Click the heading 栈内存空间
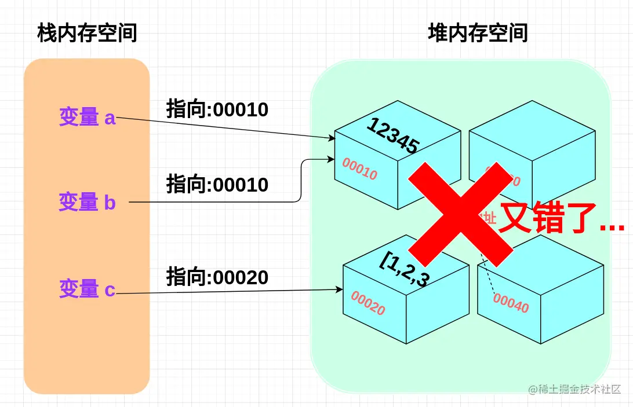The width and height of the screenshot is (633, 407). point(87,34)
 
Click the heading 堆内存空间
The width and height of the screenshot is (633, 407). point(478,34)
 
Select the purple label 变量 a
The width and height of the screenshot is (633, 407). point(88,118)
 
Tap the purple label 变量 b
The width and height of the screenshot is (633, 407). point(88,202)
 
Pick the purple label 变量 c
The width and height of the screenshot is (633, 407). point(88,288)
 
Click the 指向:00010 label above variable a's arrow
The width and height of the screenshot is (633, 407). point(217,109)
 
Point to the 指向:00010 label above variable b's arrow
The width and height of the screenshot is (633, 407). point(217,185)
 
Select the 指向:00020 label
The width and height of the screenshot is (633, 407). point(217,277)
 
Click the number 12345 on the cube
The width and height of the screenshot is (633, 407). point(392,137)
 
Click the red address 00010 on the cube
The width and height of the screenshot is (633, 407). point(359,168)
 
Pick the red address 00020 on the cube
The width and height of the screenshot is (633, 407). point(368,303)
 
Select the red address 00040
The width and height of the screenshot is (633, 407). point(511,303)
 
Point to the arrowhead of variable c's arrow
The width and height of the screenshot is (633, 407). point(339,289)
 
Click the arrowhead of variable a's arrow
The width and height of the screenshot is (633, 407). point(332,138)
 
